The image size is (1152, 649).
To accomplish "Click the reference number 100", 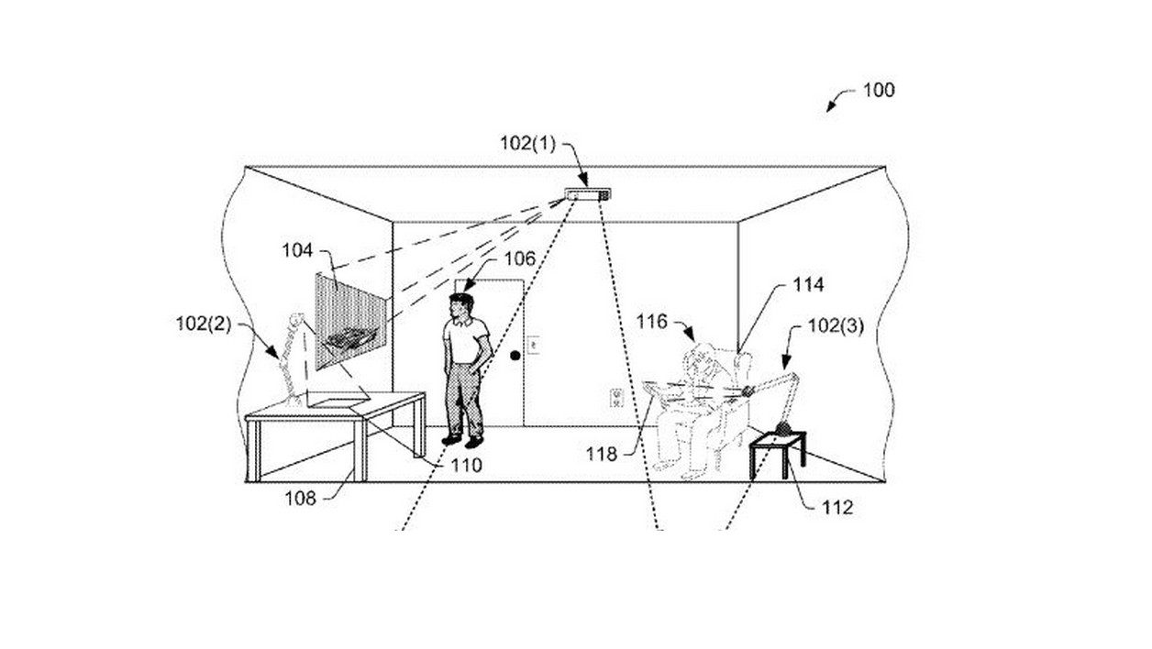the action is (x=879, y=91).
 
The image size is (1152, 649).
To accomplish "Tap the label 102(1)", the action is (x=528, y=143).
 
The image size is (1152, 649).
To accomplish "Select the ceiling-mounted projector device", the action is (x=588, y=194).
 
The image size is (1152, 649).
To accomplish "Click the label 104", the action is (x=297, y=251).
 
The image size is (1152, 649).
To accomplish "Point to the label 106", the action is (x=519, y=259).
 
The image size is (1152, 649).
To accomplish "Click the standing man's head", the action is (x=461, y=306).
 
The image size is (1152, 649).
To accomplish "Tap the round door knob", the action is (x=515, y=356).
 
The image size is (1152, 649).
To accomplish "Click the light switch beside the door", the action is (x=533, y=345).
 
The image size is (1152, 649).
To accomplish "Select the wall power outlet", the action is (x=616, y=398).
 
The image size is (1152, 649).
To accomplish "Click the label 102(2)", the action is (x=204, y=324).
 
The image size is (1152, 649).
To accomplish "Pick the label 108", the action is (x=300, y=498).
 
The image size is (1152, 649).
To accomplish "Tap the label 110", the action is (x=467, y=465).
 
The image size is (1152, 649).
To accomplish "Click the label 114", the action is (x=808, y=284).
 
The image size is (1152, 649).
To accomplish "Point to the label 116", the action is (x=651, y=322).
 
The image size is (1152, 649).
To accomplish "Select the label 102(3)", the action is (x=836, y=326).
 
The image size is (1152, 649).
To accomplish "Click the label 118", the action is (x=602, y=454).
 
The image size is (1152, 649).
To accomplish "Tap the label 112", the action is (x=837, y=508).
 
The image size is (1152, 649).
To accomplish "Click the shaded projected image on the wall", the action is (x=350, y=322).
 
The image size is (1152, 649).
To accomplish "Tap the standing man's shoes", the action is (x=463, y=440).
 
